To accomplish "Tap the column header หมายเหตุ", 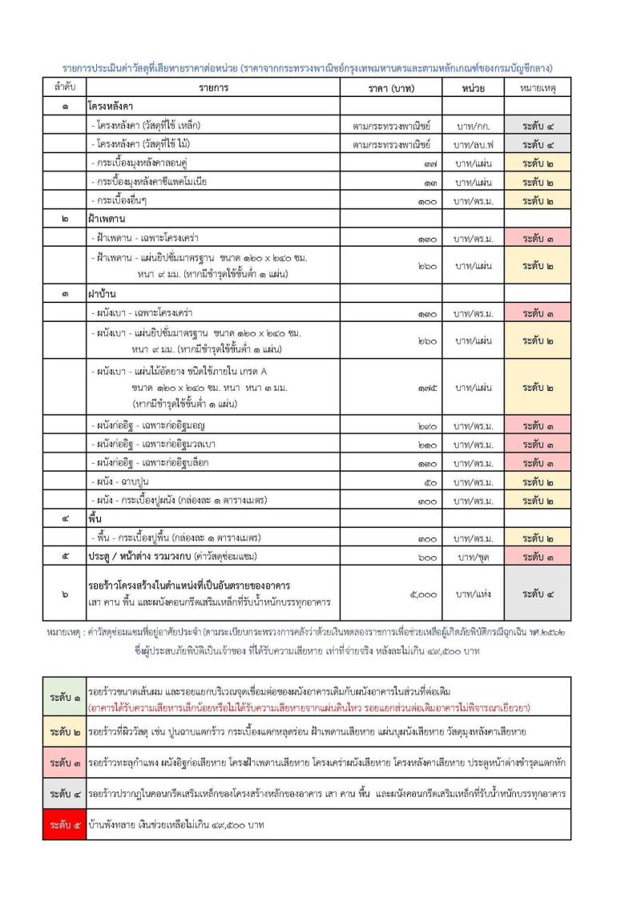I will tap(538, 87).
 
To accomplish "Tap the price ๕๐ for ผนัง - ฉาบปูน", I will tap(429, 482).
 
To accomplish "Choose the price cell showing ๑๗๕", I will tap(425, 389).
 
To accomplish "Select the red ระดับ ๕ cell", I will tap(64, 824).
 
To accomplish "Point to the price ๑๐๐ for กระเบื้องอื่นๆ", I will tap(425, 201).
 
